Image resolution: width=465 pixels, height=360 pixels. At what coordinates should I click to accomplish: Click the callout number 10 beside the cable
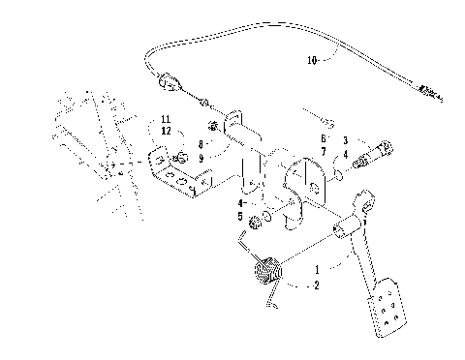(x=312, y=60)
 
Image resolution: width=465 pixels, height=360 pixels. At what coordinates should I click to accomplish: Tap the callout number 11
(x=167, y=118)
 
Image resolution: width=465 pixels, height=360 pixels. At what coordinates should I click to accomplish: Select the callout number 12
(x=167, y=131)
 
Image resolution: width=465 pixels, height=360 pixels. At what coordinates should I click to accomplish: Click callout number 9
(x=200, y=156)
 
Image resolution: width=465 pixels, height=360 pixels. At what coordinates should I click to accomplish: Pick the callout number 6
(x=324, y=139)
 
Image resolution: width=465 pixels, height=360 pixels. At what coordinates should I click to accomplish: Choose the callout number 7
(x=324, y=152)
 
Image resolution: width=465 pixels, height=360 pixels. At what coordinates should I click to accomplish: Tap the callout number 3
(x=344, y=141)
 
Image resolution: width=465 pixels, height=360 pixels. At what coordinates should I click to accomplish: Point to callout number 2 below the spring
(x=316, y=285)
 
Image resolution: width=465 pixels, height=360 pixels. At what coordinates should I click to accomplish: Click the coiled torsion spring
(x=266, y=272)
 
